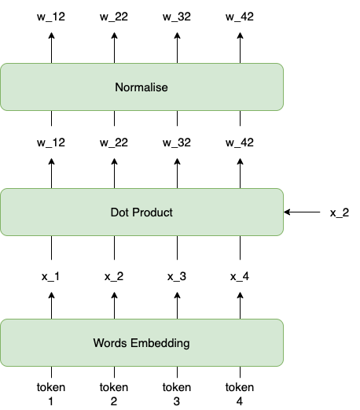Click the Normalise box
tap(141, 87)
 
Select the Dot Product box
tap(141, 212)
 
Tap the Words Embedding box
tap(141, 342)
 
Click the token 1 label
tap(52, 393)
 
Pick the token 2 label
tap(115, 393)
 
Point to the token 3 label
tap(178, 393)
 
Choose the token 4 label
tap(241, 393)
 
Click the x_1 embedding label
tap(52, 276)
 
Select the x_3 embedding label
tap(178, 276)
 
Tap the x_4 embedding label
tap(241, 276)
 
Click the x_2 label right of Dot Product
tap(340, 212)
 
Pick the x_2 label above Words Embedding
tap(115, 276)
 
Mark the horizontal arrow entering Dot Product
tap(303, 212)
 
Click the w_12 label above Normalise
tap(52, 17)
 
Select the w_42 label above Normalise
tap(241, 17)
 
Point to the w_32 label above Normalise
tap(178, 17)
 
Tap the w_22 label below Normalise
tap(115, 142)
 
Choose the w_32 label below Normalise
tap(178, 142)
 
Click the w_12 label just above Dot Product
tap(52, 142)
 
